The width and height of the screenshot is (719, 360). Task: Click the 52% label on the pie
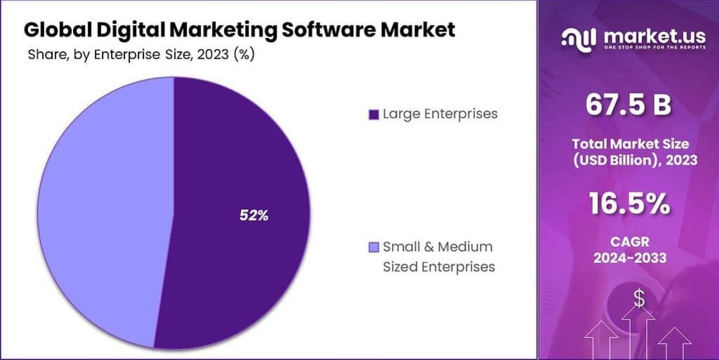[253, 216]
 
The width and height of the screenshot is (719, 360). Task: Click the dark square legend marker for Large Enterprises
[374, 114]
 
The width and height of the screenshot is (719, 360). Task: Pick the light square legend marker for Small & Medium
[374, 247]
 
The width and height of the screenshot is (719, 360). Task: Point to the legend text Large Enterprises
[440, 114]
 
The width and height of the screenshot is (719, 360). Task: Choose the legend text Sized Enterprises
[439, 267]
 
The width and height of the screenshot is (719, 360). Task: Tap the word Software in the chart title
[312, 30]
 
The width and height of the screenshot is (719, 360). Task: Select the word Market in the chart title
[418, 30]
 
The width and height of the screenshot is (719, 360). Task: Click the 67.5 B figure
[628, 105]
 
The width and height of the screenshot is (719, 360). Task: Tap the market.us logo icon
[580, 38]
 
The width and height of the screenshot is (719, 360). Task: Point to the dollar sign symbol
[639, 298]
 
